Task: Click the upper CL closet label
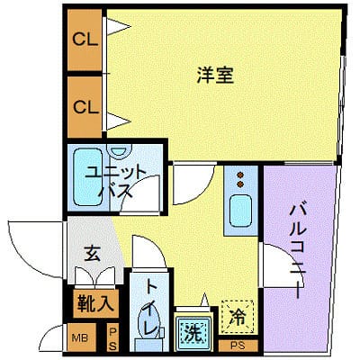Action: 85,39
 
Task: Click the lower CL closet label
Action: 86,107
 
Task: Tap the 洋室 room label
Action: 215,75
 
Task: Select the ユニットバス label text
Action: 115,182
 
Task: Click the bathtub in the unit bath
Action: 87,177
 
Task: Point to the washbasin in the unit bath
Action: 119,149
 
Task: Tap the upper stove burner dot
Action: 240,175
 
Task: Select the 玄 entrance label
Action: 93,253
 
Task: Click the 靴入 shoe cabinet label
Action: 95,303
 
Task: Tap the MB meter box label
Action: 80,338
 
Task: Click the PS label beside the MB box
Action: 112,339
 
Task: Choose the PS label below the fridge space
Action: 238,346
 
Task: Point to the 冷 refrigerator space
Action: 238,317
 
